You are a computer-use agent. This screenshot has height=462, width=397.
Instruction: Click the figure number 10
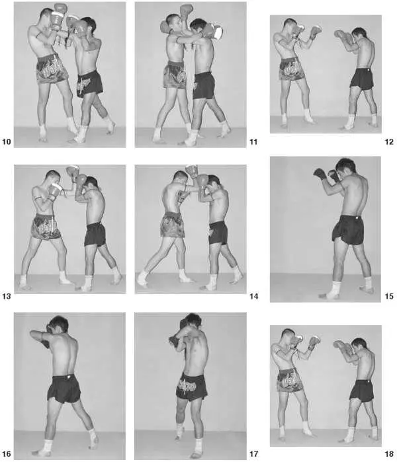[7, 141]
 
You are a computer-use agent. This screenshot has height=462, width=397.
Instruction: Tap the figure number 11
[253, 141]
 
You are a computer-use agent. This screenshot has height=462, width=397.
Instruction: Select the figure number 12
[389, 141]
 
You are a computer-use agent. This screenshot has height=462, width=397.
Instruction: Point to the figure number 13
[7, 296]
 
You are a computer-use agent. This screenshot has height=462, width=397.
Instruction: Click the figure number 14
[253, 296]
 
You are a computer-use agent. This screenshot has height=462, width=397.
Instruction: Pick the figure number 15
[389, 296]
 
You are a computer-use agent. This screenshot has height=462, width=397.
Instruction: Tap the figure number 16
[7, 454]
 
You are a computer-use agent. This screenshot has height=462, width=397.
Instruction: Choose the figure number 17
[253, 454]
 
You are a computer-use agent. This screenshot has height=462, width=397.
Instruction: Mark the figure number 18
[389, 454]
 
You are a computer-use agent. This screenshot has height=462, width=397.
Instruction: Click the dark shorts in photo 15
[348, 230]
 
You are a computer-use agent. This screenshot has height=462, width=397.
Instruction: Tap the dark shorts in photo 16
[64, 389]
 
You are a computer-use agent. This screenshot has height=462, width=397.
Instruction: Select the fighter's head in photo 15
[345, 167]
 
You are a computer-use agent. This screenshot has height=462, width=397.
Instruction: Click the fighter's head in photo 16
[59, 325]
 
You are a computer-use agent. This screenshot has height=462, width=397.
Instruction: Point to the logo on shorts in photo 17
[188, 386]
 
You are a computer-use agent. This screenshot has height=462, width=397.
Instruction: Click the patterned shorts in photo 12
[292, 69]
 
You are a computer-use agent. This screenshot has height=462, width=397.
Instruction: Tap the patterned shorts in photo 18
[290, 380]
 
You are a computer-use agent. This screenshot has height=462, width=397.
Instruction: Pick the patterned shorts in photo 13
[46, 227]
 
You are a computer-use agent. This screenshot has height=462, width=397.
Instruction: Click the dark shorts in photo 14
[218, 233]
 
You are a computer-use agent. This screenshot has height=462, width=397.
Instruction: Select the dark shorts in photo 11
[204, 85]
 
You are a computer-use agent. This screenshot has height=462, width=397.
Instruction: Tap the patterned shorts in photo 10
[52, 69]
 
